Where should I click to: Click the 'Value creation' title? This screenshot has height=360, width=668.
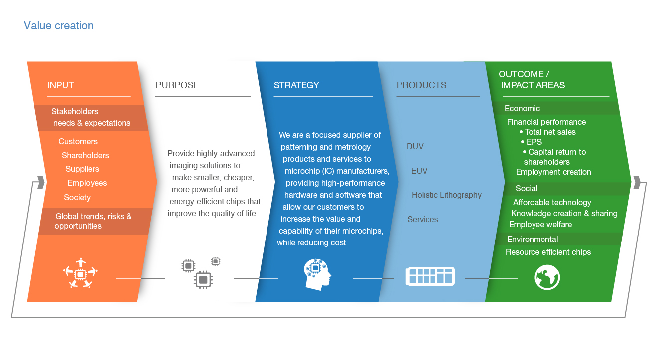(59, 26)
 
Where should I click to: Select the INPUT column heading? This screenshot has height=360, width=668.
(60, 85)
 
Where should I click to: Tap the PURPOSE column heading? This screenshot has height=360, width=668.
(177, 85)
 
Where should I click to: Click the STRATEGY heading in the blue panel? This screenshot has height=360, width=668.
(296, 85)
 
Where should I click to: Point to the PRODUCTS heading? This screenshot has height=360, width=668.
(421, 85)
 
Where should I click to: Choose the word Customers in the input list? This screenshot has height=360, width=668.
(78, 142)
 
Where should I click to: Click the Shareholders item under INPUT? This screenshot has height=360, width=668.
(85, 156)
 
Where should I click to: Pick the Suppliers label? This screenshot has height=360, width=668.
(82, 169)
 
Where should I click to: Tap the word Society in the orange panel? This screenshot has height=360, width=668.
(77, 198)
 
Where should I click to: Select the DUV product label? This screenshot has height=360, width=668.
(415, 147)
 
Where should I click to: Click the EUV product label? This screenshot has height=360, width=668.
(419, 171)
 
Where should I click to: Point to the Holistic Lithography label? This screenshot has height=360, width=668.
(447, 195)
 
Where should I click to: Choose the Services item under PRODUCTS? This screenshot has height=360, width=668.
(423, 220)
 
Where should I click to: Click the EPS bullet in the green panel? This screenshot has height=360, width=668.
(534, 142)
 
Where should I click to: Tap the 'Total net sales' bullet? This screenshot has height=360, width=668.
(550, 132)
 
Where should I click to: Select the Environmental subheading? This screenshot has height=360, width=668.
(533, 240)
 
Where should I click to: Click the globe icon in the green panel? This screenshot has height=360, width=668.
(547, 277)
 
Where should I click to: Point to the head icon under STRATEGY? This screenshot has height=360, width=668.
(318, 275)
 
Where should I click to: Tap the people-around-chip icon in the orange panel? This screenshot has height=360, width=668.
(80, 273)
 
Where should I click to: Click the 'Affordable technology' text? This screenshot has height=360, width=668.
(552, 203)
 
